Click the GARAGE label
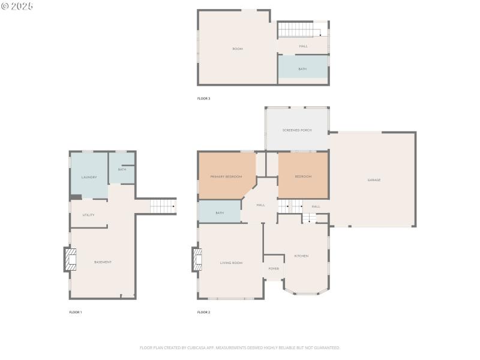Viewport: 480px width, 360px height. point(374,180)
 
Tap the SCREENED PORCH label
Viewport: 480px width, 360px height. point(297,130)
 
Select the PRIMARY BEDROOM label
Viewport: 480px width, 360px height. point(226,176)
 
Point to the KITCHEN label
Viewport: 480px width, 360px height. point(301,256)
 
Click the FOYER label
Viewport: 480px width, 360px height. point(274,269)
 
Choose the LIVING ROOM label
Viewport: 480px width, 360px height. point(231,263)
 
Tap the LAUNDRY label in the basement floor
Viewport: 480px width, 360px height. point(89,177)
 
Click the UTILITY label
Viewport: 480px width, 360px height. point(88,215)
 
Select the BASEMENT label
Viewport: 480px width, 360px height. point(103,262)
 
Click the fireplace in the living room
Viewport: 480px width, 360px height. point(197,259)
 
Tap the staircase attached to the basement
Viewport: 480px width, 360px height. point(162,206)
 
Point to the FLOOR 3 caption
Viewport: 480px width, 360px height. point(204,98)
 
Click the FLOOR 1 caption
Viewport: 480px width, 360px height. point(76,312)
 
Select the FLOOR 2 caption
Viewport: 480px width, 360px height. point(204,312)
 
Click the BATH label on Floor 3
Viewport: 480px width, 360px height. point(302,69)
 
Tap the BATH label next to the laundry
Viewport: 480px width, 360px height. point(122,169)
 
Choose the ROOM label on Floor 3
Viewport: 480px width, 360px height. point(238,49)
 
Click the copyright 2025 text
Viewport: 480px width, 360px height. point(17,6)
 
